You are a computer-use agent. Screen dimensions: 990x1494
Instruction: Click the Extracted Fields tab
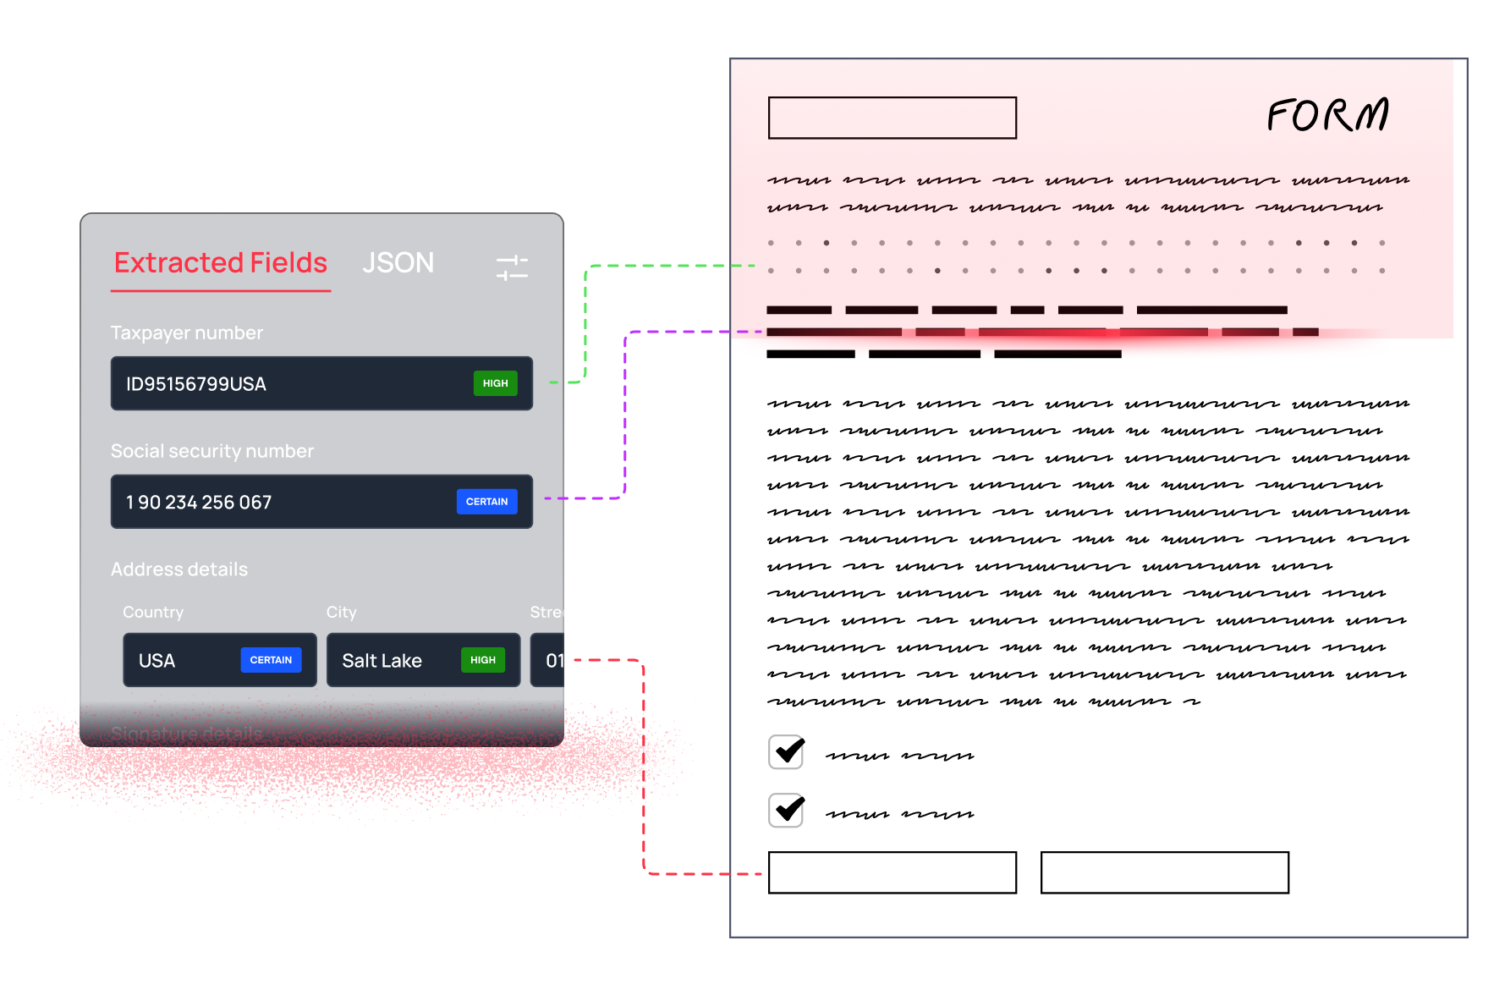point(221,263)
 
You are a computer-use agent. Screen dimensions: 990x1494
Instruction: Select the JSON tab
point(398,263)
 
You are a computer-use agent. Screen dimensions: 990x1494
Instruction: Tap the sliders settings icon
point(512,267)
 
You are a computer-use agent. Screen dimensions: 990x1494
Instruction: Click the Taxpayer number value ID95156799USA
point(196,384)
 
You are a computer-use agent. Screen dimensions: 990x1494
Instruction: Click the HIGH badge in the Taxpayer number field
point(495,383)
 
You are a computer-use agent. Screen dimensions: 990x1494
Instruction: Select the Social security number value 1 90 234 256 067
point(199,503)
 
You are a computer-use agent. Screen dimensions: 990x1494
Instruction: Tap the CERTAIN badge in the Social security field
point(486,502)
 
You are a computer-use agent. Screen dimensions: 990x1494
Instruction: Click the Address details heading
point(179,569)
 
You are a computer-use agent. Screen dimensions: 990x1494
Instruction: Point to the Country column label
point(153,612)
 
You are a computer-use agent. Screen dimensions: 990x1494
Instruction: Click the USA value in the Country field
point(157,661)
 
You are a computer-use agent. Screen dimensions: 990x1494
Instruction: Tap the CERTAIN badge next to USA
point(271,660)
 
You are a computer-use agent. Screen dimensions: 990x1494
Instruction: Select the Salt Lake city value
point(382,661)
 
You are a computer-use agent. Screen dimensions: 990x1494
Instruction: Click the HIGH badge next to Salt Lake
point(482,660)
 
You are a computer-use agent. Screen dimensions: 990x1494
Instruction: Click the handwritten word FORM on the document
point(1327,115)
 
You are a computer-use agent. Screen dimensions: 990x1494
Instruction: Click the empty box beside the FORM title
point(892,118)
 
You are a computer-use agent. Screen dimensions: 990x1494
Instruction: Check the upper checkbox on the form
point(787,751)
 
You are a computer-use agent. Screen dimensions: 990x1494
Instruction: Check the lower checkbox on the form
point(787,810)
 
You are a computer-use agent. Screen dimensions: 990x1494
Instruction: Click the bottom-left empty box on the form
point(892,872)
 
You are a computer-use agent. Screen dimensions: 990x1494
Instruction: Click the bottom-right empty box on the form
point(1164,872)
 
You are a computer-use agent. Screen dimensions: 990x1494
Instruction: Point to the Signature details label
point(186,734)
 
